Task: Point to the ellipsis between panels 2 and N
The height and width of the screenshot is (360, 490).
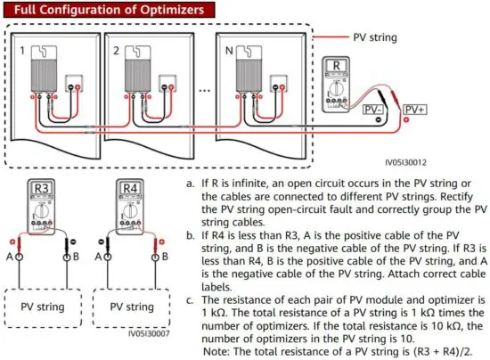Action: click(207, 89)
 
